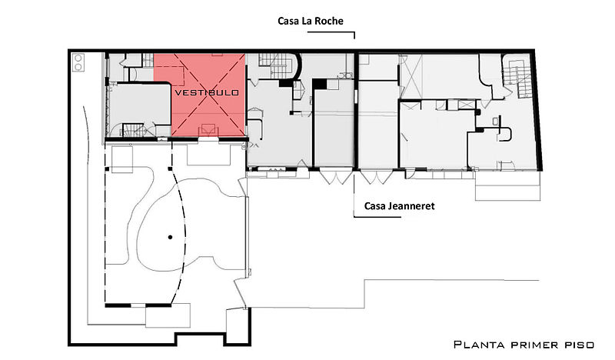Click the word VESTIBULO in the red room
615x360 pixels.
[x=207, y=92]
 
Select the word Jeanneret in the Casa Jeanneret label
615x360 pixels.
[x=411, y=206]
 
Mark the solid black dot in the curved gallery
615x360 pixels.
[x=170, y=237]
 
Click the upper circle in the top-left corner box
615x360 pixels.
[x=78, y=59]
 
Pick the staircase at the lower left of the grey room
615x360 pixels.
[x=134, y=130]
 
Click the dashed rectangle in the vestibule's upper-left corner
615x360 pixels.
[x=169, y=76]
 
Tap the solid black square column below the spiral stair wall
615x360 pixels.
[x=319, y=83]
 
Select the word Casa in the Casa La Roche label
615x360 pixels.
[x=288, y=21]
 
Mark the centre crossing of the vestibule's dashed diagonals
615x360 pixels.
[x=208, y=95]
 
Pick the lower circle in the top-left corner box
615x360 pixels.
[x=78, y=67]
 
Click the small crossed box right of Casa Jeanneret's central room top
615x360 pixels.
[x=467, y=105]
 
